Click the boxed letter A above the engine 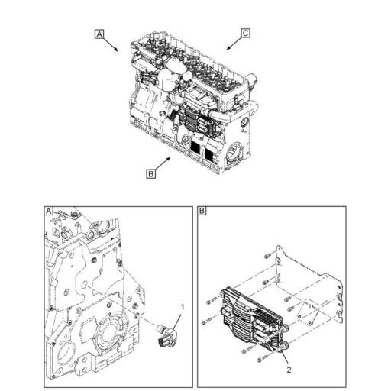(x=99, y=34)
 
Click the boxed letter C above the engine (x=245, y=33)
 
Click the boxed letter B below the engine (x=151, y=173)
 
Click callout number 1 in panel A (x=181, y=306)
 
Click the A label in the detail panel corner (x=49, y=211)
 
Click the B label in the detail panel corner (x=202, y=211)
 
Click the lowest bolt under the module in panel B (x=242, y=352)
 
